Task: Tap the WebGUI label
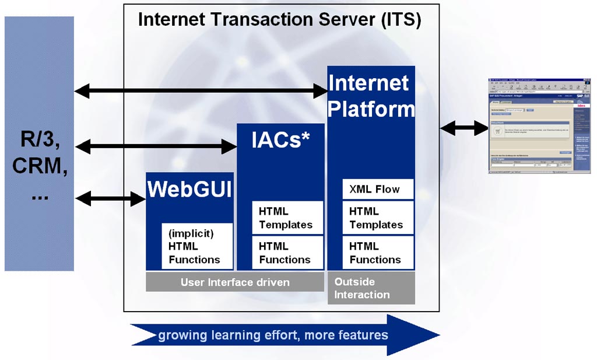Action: [189, 190]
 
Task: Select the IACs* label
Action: [280, 140]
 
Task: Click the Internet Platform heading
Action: [371, 96]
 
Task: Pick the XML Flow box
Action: [374, 189]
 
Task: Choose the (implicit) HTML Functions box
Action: [195, 246]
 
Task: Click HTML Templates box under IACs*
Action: [286, 218]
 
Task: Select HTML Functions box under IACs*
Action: [286, 253]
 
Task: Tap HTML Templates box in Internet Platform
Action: [376, 218]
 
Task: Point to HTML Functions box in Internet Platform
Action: [376, 253]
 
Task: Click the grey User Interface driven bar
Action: [235, 282]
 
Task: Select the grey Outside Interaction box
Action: [371, 288]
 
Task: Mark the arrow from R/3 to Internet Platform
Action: [201, 90]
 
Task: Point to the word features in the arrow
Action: [365, 335]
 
